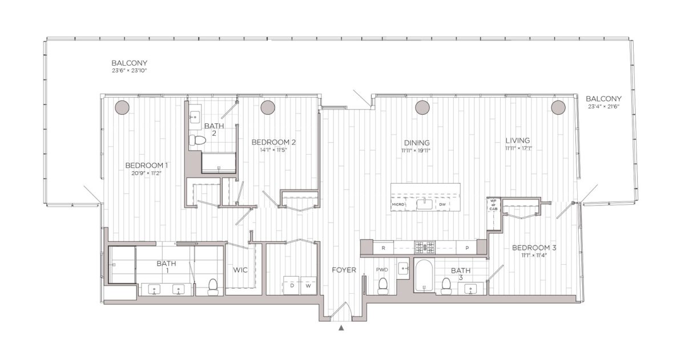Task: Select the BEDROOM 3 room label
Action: [534, 248]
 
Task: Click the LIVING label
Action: [518, 140]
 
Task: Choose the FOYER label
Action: [344, 269]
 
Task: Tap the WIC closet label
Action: [240, 270]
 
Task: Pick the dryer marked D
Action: [292, 284]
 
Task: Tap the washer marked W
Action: [308, 284]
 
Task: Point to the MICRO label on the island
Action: [398, 204]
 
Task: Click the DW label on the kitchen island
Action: [442, 204]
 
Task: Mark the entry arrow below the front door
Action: [341, 328]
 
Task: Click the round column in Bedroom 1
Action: [121, 107]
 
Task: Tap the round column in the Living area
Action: [557, 107]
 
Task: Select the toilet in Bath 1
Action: [213, 287]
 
